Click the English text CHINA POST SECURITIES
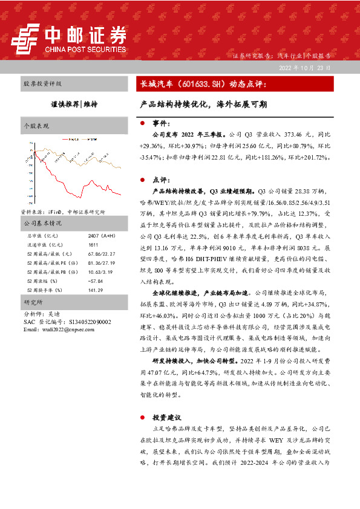pyautogui.click(x=84, y=50)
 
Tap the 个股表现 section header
pyautogui.click(x=36, y=126)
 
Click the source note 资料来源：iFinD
pyautogui.click(x=63, y=212)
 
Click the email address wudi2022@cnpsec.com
pyautogui.click(x=57, y=329)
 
